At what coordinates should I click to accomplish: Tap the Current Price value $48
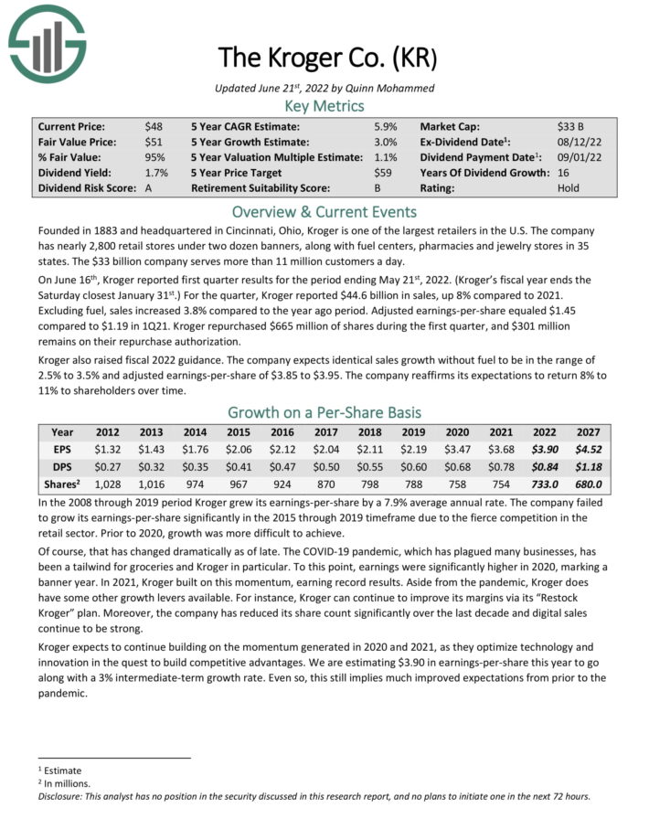(x=153, y=127)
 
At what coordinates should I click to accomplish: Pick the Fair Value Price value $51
(x=153, y=143)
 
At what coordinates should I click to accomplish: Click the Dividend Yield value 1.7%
(x=155, y=173)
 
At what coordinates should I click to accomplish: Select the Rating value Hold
(x=569, y=188)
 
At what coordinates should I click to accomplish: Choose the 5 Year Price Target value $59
(x=383, y=173)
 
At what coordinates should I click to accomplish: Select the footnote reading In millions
(x=65, y=783)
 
